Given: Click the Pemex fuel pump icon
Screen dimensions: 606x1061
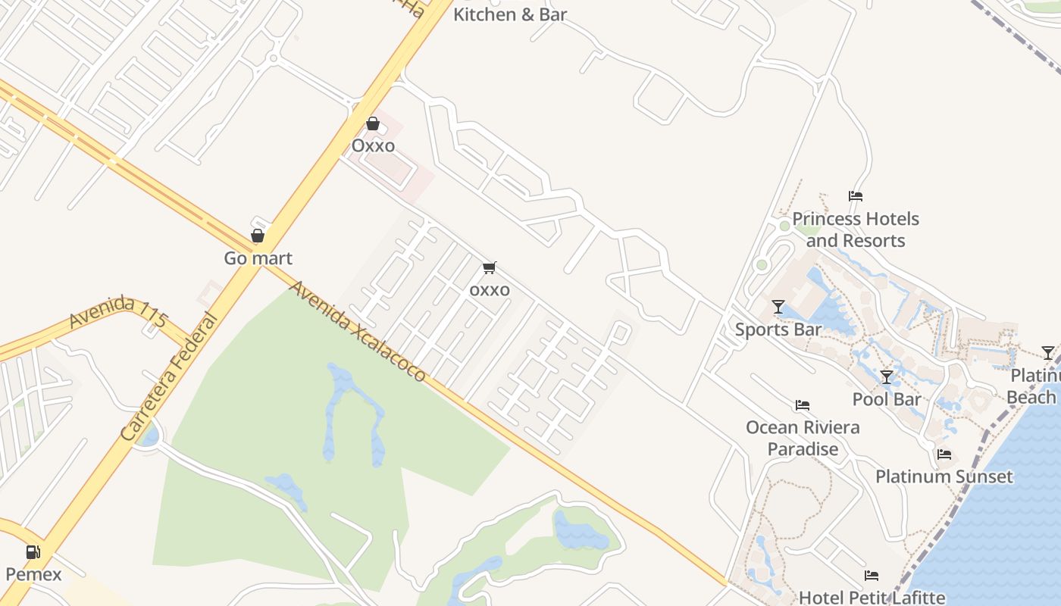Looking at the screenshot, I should click(x=33, y=552).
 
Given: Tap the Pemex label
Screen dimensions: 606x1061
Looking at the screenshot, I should click(x=33, y=574).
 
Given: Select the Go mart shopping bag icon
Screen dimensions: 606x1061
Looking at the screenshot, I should click(x=258, y=236).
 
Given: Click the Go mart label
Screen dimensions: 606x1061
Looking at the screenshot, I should click(x=258, y=258).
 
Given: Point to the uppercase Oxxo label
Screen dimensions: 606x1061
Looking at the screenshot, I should click(x=373, y=145).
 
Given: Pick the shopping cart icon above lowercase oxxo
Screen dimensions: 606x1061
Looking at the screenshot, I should click(x=490, y=267).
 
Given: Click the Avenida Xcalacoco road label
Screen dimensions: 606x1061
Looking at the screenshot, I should click(x=356, y=331).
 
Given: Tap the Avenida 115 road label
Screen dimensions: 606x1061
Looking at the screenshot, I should click(x=117, y=313).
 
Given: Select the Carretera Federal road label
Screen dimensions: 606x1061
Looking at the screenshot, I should click(x=168, y=376).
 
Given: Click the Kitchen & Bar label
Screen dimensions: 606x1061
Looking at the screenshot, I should click(x=509, y=14).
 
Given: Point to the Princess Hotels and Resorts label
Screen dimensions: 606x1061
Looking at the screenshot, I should click(x=856, y=230).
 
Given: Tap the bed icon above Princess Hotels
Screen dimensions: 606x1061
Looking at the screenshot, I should click(x=856, y=196).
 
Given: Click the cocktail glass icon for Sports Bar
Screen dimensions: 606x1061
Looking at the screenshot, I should click(x=778, y=307).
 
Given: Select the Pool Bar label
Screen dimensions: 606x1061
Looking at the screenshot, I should click(x=887, y=399).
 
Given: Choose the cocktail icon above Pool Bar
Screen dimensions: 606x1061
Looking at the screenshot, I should click(x=887, y=377).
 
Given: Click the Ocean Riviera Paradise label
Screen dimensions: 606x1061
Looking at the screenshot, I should click(x=803, y=438).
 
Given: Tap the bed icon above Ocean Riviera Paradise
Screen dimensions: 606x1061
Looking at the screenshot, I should click(x=803, y=405).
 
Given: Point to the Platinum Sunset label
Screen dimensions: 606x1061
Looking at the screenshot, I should click(x=944, y=476).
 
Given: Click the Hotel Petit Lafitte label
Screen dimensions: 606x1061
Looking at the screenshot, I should click(x=872, y=597).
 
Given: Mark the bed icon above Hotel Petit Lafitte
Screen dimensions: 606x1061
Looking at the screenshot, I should click(x=872, y=576).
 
